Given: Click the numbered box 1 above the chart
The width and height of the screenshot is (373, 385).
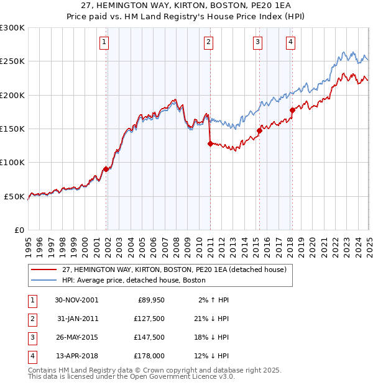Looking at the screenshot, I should coord(104,42).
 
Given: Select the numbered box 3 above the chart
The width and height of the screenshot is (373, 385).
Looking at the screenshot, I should coord(257,42).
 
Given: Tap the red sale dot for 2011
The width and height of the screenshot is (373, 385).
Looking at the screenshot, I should coord(210,143).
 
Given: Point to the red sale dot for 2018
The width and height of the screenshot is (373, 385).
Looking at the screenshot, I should coord(292,110).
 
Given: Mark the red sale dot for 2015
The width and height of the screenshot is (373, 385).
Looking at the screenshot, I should coord(259,130).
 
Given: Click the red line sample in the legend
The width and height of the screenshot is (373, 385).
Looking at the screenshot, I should coord(43,270).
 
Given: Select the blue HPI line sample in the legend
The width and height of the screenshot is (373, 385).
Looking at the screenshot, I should coord(43,280).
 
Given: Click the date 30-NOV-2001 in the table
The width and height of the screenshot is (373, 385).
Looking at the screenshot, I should coord(76,300).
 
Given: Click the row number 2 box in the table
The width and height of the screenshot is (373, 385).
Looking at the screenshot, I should coord(31,319).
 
